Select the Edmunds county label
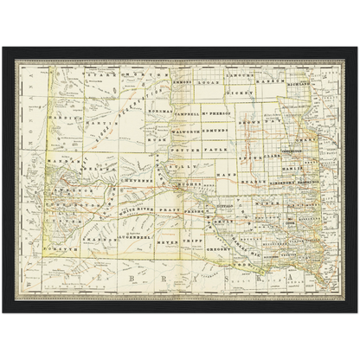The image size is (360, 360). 215,131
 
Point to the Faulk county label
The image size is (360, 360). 215,146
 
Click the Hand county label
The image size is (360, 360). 228,176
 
